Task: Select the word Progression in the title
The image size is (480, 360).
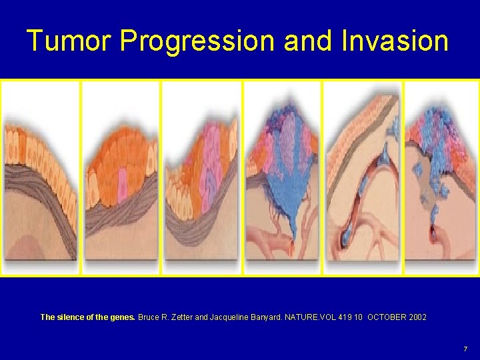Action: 197,41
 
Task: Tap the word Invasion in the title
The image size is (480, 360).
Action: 395,41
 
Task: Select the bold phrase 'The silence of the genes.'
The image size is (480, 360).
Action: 88,317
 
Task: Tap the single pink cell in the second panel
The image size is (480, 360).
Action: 123,189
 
